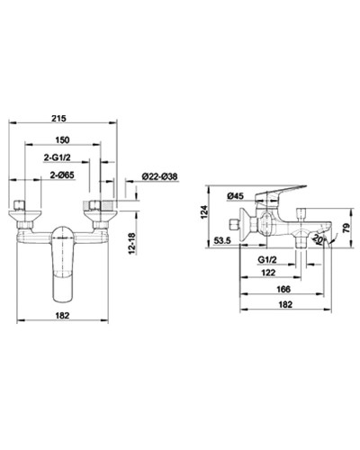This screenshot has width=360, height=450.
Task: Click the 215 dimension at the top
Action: (61, 117)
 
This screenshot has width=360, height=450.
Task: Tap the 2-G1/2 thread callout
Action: (61, 157)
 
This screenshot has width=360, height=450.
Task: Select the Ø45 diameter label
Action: (237, 195)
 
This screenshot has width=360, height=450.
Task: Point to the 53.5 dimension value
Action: (225, 242)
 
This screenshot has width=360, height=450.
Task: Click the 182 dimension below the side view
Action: (285, 304)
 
